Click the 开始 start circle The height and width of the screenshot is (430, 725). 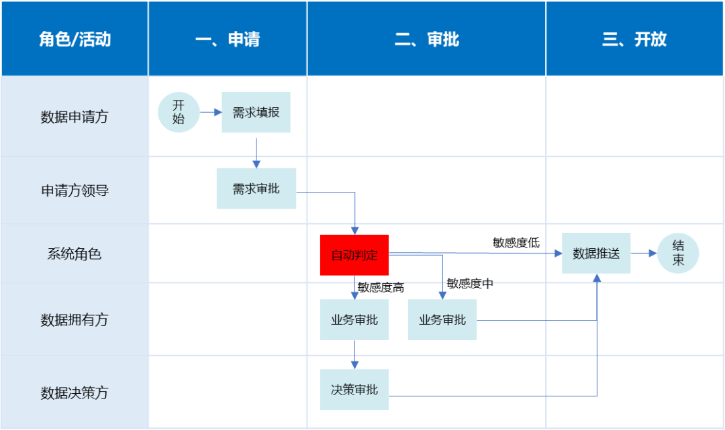click(179, 112)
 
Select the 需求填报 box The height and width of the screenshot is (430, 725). click(256, 112)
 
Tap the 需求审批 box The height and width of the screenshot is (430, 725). click(256, 189)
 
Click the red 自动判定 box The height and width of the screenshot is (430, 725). click(354, 255)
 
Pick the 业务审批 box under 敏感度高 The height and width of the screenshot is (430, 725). click(354, 320)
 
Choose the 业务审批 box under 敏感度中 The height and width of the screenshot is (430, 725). click(442, 320)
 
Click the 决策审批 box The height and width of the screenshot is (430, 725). click(354, 390)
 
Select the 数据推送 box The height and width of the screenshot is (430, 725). click(596, 254)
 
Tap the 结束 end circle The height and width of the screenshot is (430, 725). click(678, 254)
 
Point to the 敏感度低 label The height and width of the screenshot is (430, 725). click(516, 243)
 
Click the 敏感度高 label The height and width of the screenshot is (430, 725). click(381, 287)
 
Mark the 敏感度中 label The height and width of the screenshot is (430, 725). click(470, 284)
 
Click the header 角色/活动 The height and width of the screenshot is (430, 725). click(75, 40)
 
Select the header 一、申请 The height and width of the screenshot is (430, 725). click(228, 40)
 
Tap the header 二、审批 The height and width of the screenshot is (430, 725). click(427, 40)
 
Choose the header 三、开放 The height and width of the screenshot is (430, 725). click(634, 40)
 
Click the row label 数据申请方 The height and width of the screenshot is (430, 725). click(75, 117)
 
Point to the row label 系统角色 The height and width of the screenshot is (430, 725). click(75, 254)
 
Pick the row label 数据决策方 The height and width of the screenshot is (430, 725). click(75, 393)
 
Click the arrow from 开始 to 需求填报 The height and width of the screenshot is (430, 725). click(211, 112)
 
